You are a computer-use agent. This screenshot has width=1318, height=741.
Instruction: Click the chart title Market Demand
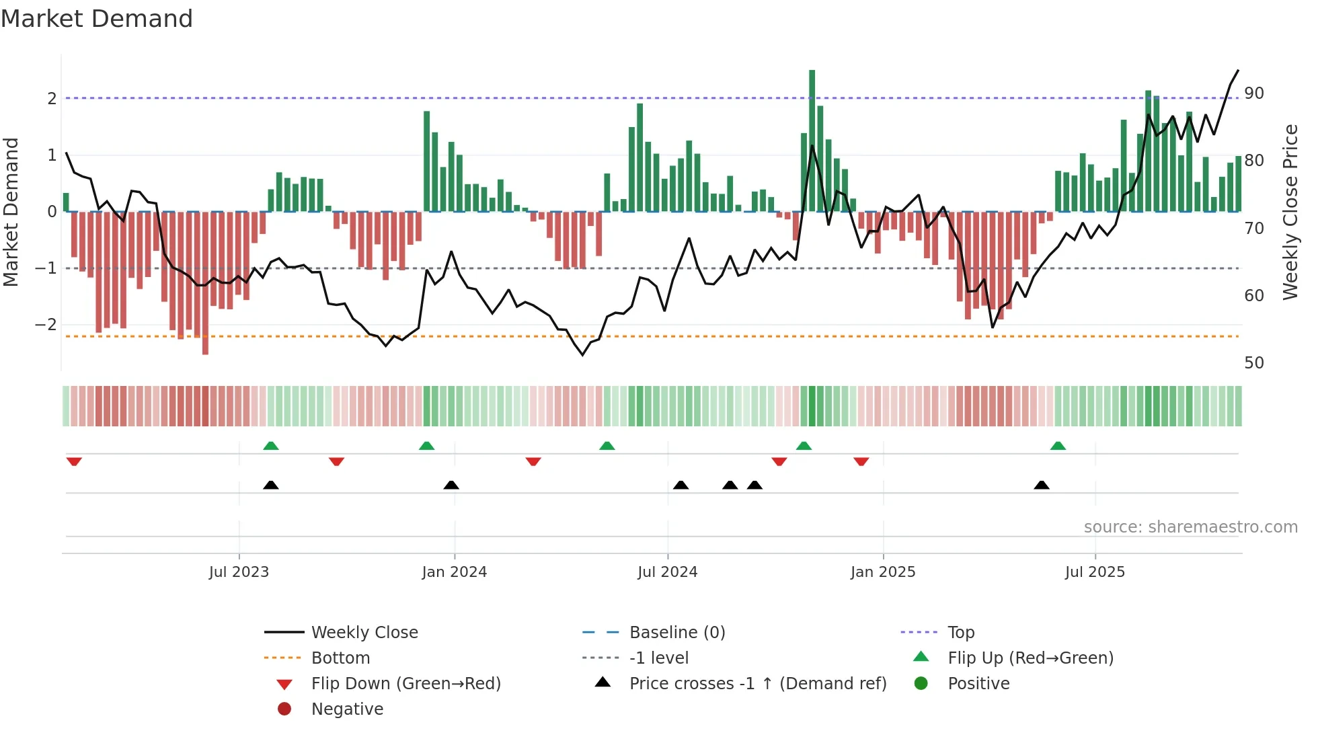coord(97,19)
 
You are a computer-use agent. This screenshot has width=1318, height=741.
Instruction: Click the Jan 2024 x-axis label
coord(454,572)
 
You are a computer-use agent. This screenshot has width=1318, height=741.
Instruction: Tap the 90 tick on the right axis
coord(1253,93)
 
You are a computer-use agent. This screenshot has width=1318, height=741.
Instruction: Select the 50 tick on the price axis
coord(1253,363)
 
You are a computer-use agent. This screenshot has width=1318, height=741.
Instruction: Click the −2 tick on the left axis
coord(46,325)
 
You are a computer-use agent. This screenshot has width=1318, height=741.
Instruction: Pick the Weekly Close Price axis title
coord(1290,212)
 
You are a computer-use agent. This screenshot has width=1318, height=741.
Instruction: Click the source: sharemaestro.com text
coord(1190,527)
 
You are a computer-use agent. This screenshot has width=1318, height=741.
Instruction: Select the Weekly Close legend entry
coord(364,633)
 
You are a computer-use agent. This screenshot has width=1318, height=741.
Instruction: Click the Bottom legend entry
coord(340,658)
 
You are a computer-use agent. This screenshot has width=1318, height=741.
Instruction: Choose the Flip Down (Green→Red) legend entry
coord(405,684)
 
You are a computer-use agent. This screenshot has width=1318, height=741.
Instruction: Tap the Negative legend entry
coord(347,709)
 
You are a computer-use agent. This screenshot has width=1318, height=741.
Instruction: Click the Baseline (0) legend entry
coord(676,633)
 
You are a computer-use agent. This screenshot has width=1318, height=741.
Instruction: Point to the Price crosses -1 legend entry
coord(757,684)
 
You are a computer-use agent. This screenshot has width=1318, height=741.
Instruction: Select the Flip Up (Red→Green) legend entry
coord(1030,658)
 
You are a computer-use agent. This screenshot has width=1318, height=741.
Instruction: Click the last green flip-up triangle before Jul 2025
coord(1058,446)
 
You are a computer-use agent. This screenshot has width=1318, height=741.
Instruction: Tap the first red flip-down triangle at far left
coord(74,462)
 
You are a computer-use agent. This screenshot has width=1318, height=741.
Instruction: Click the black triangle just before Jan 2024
coord(451,485)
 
